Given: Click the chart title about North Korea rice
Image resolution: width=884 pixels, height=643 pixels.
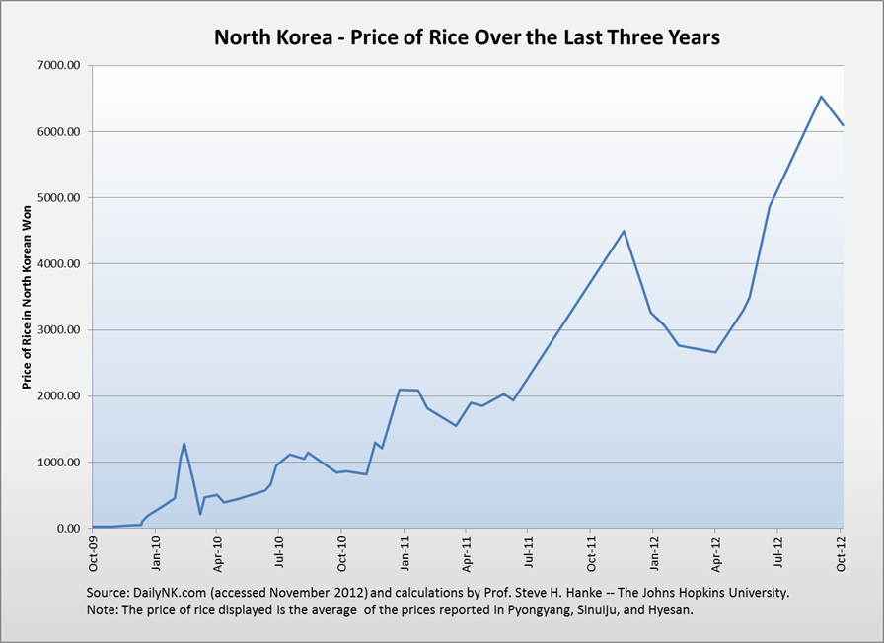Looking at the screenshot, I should tap(468, 37).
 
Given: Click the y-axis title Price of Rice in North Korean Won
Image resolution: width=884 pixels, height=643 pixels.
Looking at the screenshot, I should tap(28, 296).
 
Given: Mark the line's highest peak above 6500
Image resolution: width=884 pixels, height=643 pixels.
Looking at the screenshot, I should tap(821, 96).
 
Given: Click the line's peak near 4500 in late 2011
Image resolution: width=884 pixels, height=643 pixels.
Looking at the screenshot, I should tap(625, 231).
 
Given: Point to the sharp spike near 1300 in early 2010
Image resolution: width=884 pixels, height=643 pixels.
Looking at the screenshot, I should tap(184, 443).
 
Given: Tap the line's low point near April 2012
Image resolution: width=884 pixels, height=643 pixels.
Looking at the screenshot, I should tap(715, 352).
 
